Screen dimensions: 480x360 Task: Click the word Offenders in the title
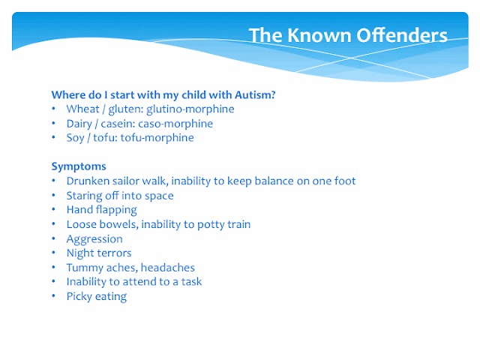pos(402,35)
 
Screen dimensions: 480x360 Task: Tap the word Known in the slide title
pos(319,35)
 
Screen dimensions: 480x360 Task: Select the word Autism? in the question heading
pos(255,95)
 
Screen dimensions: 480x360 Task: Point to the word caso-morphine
pos(175,124)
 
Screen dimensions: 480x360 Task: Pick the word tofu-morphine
pos(157,138)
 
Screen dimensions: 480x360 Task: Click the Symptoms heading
pos(79,166)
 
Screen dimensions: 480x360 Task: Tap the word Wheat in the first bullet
pos(83,109)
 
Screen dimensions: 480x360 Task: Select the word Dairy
pos(79,124)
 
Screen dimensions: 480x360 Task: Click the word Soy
pos(75,138)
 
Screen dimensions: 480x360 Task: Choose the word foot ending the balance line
pos(345,181)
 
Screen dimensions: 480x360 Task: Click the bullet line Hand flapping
pos(102,210)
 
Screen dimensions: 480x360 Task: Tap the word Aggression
pos(94,239)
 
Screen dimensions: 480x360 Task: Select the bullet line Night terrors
pos(99,253)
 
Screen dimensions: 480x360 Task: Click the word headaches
pos(168,268)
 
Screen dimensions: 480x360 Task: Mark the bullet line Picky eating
pos(97,297)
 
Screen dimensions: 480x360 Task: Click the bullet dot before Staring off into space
pos(53,195)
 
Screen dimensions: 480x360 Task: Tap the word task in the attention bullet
pos(192,282)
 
